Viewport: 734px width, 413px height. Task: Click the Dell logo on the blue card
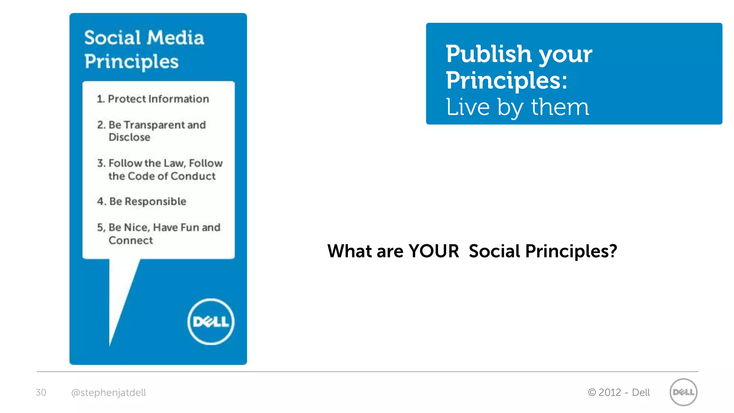click(211, 322)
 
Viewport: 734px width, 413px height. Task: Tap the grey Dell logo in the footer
click(683, 392)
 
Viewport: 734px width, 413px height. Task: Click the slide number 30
click(41, 393)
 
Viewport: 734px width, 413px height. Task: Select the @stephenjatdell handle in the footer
click(109, 393)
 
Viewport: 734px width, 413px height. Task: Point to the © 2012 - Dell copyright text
click(619, 393)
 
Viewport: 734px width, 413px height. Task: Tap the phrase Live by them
click(517, 107)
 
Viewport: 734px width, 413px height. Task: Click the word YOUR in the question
click(434, 251)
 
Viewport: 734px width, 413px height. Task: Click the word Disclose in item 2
click(129, 137)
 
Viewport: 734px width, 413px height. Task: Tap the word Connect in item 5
click(131, 241)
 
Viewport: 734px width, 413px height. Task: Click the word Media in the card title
click(176, 38)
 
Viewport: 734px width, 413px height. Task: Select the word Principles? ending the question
click(571, 251)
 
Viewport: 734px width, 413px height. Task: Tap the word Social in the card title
click(113, 38)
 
